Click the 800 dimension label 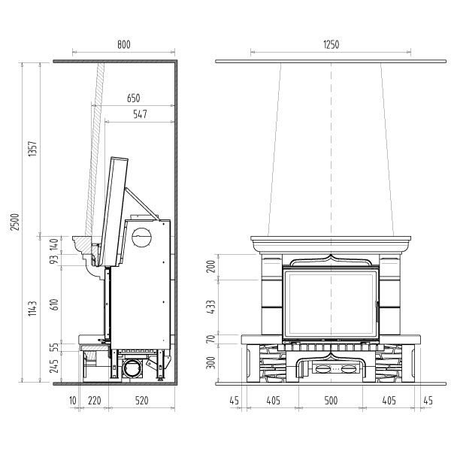pyautogui.click(x=124, y=44)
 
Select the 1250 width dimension pyautogui.click(x=331, y=44)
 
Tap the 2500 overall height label pyautogui.click(x=15, y=222)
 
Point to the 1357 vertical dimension pyautogui.click(x=32, y=148)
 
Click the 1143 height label pyautogui.click(x=32, y=309)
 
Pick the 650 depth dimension pyautogui.click(x=134, y=98)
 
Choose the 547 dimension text pyautogui.click(x=140, y=114)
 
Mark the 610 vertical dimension pyautogui.click(x=54, y=304)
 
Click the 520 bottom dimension pyautogui.click(x=141, y=401)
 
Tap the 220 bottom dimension pyautogui.click(x=95, y=401)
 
